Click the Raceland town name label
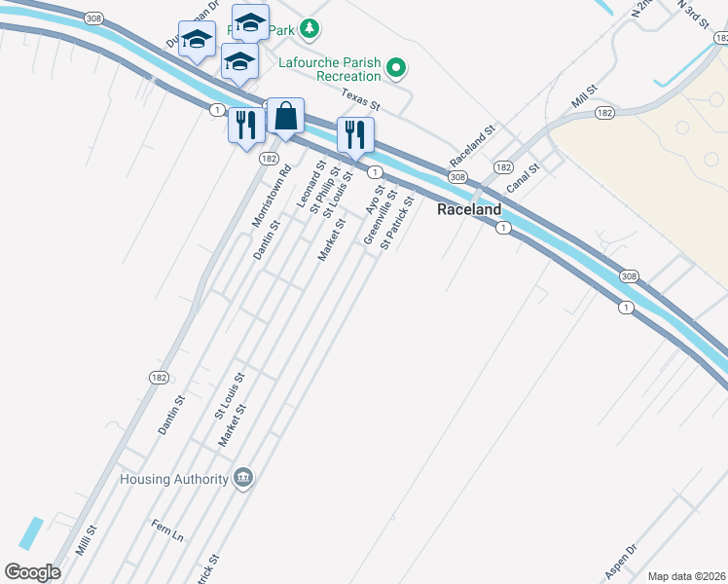469,209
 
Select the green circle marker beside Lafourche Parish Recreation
396,68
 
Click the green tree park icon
309,27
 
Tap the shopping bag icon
285,118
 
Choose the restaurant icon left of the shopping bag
245,124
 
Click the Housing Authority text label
173,479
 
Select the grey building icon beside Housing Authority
243,478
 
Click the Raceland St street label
473,145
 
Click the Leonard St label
309,184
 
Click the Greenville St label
380,219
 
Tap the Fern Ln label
166,530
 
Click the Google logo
32,572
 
